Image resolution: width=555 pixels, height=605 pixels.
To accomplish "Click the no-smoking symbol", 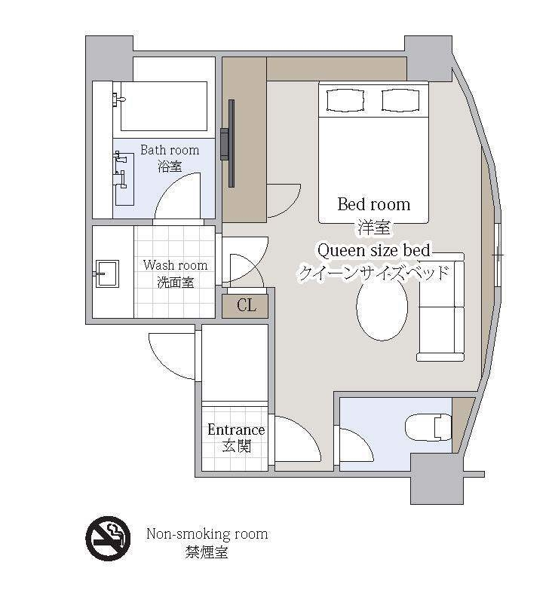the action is [108, 538].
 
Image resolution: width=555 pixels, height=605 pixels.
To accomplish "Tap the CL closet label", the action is [247, 306].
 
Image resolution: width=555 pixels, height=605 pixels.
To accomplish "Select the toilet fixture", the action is [428, 427].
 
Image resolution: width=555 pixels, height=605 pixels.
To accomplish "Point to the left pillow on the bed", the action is [345, 101].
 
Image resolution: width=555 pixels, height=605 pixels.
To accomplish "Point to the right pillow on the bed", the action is [400, 101].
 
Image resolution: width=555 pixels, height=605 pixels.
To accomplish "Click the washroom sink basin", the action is [107, 273].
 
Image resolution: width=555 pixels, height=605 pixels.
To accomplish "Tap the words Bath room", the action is [170, 150].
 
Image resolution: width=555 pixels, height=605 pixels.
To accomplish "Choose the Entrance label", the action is [236, 429].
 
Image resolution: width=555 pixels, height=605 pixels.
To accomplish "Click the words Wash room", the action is [175, 265].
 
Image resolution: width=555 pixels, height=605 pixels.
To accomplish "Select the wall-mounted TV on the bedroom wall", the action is [228, 143].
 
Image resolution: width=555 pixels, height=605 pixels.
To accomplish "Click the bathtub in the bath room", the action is [164, 106].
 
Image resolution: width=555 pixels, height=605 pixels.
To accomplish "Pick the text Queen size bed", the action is [373, 251].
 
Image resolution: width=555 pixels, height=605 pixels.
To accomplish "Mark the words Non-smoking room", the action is [207, 534].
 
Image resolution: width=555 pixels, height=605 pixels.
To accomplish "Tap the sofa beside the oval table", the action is [440, 307].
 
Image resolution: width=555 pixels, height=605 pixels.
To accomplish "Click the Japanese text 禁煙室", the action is [207, 552].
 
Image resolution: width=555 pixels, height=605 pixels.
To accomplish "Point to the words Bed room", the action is [374, 204].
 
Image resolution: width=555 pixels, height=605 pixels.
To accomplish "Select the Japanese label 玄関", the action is [236, 447].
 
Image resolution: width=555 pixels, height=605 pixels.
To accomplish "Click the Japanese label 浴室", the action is [170, 167].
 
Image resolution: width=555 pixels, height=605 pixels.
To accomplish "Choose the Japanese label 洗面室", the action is [176, 283].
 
